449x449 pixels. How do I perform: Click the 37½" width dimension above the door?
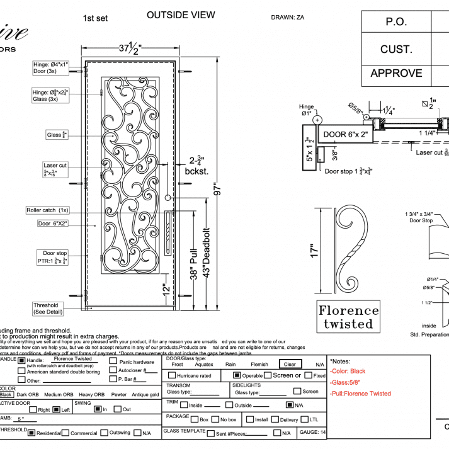coord(131,47)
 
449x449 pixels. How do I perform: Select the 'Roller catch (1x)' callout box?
coord(48,210)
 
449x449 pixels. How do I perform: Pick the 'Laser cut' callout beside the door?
coord(55,169)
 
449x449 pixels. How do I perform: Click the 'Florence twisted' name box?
coord(348,317)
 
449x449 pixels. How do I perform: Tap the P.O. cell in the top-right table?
coord(396,22)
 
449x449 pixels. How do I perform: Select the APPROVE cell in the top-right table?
coord(396,73)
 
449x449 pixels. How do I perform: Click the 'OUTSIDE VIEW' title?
coord(180,15)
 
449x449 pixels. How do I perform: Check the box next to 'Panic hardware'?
coord(113,361)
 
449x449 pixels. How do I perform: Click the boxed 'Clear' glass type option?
coord(290,364)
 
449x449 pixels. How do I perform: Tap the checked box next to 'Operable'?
coord(237,375)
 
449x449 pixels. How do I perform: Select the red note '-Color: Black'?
coord(348,372)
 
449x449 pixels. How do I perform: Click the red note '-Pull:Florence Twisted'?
coord(361,394)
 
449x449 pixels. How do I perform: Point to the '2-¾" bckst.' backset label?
coord(192,166)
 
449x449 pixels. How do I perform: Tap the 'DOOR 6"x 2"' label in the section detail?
coord(345,134)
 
